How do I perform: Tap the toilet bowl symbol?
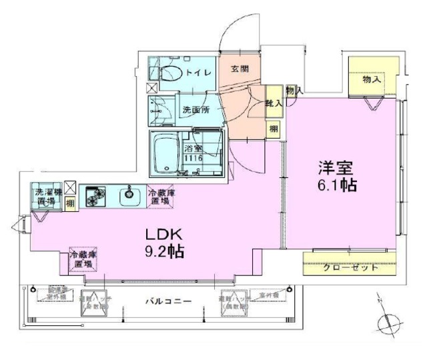pos(167,73)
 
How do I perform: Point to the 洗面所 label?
pos(197,110)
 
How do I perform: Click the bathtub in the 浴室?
pos(166,154)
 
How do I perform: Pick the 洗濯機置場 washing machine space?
pos(46,196)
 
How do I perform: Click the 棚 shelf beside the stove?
pos(70,204)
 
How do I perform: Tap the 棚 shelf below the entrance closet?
pos(274,127)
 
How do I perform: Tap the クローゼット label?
pos(351,268)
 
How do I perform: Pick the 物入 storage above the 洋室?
pos(372,79)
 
